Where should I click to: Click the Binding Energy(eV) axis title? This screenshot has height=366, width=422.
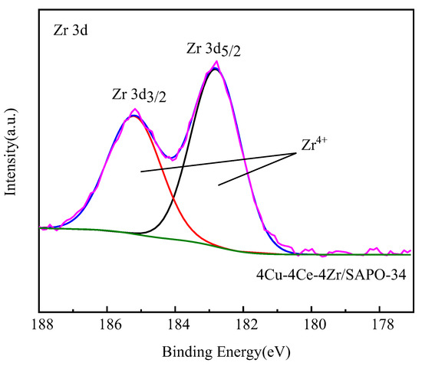[226, 353]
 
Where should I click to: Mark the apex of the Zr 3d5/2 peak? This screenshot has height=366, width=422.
[216, 68]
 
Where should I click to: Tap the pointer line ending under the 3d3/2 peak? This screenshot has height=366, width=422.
[142, 171]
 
